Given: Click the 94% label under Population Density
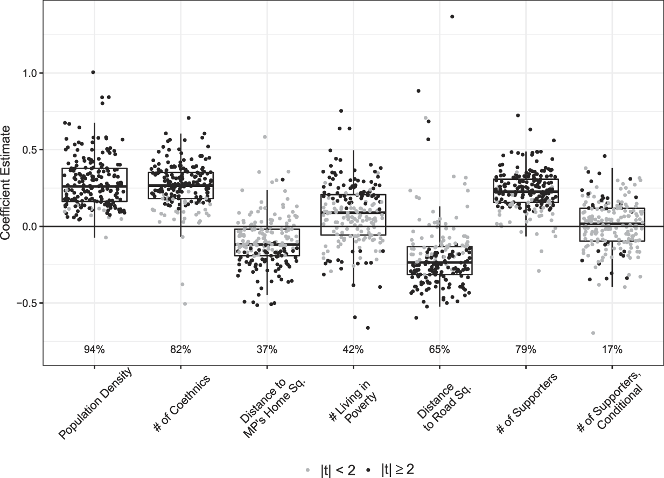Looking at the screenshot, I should point(94,350).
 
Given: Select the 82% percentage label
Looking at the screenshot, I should point(180,350).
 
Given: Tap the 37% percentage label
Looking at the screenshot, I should point(267,350).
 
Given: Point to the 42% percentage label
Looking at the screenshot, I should point(353,350).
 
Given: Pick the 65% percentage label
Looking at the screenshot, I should point(439,350).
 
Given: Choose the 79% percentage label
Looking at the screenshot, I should point(526,350).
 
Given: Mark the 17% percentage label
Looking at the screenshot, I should point(612,350).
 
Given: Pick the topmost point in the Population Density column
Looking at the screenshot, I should point(93,72).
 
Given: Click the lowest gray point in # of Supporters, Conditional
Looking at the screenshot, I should point(593,333).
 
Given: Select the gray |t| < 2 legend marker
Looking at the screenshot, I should point(307,470).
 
